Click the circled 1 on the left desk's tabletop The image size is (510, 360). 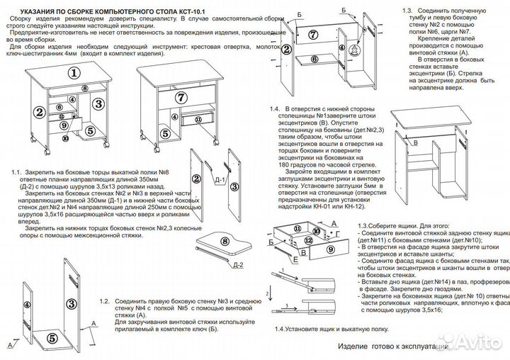(x=72, y=72)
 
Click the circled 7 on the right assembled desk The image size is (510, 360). (x=181, y=97)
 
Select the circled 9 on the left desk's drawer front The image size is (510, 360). (x=64, y=125)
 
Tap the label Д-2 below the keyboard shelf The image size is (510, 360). (x=237, y=265)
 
